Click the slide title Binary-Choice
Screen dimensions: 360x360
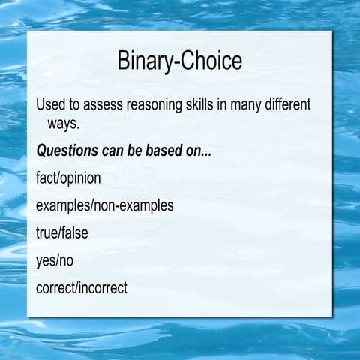180,62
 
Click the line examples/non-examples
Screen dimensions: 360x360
104,205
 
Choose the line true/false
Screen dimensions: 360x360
61,232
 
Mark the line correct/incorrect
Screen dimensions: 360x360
82,287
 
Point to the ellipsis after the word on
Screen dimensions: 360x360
207,153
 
